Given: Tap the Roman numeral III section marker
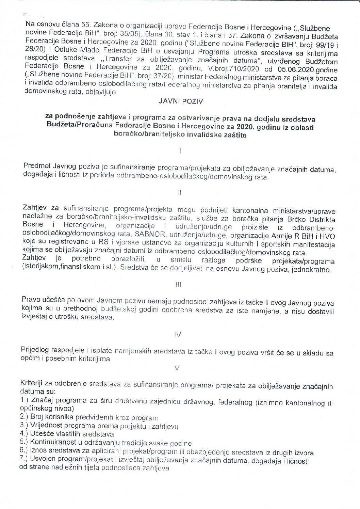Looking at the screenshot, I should tap(178, 286).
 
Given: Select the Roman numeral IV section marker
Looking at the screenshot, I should tap(178, 335).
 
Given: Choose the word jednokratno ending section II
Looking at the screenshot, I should tap(314, 270).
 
